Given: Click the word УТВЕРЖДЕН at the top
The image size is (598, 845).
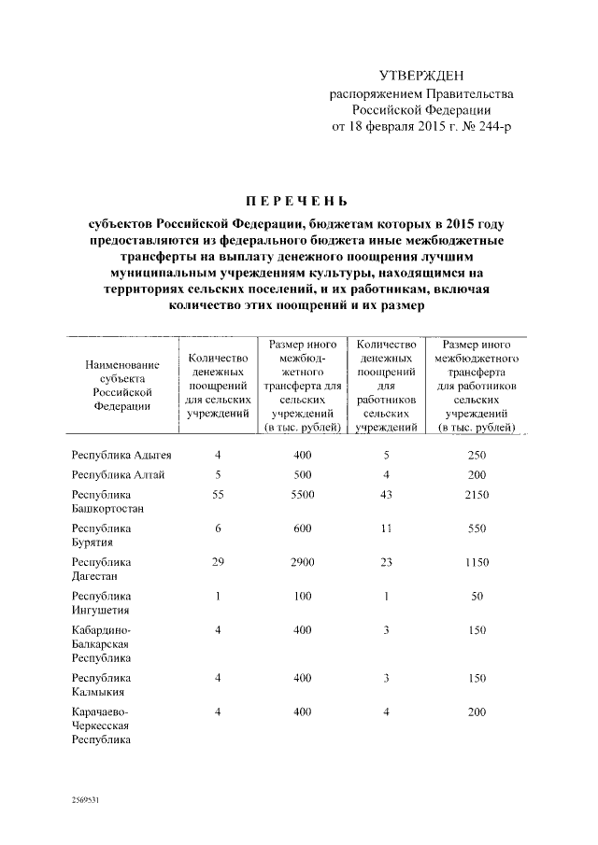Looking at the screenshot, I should (x=420, y=76).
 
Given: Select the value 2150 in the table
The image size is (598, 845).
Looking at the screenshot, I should (x=477, y=495).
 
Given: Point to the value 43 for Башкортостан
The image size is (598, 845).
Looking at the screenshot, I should (x=386, y=495).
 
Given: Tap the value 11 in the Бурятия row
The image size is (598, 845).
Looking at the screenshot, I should (x=386, y=528).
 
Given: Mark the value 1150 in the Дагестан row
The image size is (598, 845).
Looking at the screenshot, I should (x=477, y=562).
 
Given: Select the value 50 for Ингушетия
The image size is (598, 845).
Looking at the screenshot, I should (x=477, y=596).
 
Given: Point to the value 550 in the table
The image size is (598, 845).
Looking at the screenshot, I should (x=477, y=528).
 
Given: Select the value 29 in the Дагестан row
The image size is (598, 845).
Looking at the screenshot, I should (x=217, y=562).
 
